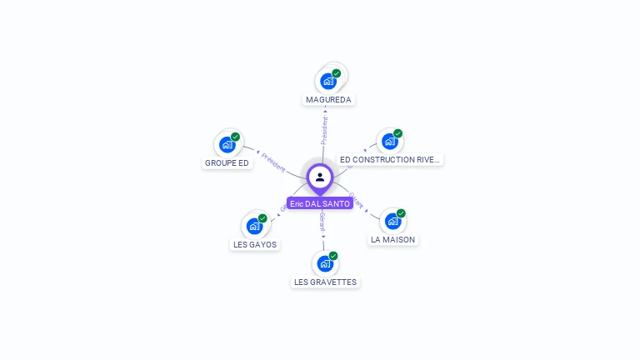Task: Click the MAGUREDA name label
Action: (328, 99)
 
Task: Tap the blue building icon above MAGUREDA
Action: (328, 82)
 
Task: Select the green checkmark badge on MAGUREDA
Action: (337, 73)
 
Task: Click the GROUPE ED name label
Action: (227, 162)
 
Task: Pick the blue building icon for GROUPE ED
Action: (227, 145)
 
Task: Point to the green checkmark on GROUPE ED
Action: (235, 137)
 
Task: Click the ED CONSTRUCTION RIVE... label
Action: (390, 159)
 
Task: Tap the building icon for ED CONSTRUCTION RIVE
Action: (389, 142)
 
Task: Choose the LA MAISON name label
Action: (392, 239)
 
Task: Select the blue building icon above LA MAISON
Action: (392, 222)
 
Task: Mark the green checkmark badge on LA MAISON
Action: (401, 213)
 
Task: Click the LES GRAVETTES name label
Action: (325, 282)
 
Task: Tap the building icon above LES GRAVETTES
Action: (325, 264)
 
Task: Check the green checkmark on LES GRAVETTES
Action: (333, 256)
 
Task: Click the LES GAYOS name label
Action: (255, 244)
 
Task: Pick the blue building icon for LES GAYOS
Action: (254, 227)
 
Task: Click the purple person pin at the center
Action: (320, 177)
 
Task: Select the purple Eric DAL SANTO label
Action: (320, 203)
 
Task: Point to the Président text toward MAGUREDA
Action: (325, 130)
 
